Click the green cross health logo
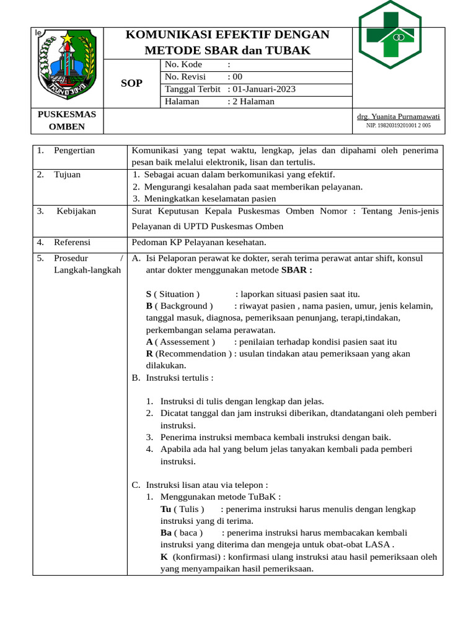[x=390, y=35]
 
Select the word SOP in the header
[x=131, y=83]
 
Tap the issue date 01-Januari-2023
[x=264, y=89]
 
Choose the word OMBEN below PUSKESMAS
[x=67, y=127]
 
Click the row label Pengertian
[x=74, y=150]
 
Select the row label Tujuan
[x=67, y=175]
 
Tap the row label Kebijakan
[x=76, y=211]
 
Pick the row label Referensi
[x=72, y=242]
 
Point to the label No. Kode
[x=184, y=64]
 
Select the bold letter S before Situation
[x=149, y=294]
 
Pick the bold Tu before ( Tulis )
[x=165, y=509]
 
